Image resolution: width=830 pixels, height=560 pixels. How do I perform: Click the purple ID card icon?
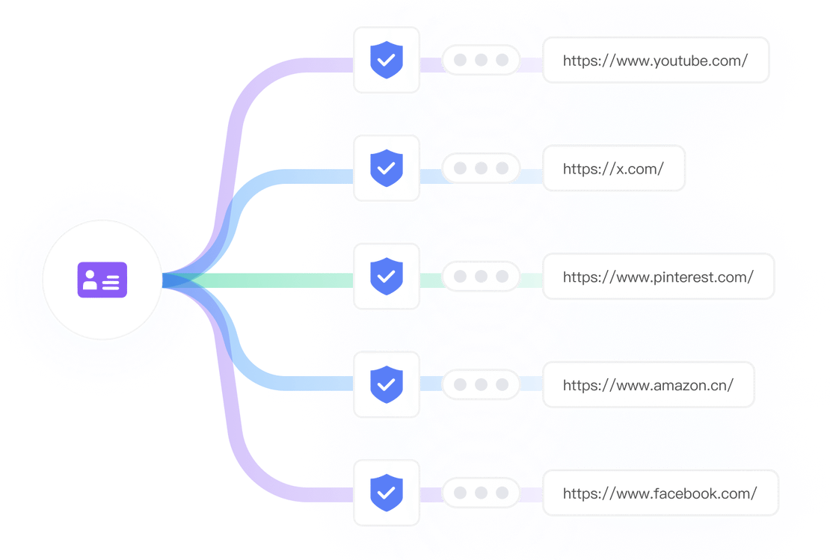point(102,280)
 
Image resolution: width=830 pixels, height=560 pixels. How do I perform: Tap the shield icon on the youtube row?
point(387,60)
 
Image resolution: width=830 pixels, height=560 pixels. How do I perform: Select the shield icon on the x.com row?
point(387,168)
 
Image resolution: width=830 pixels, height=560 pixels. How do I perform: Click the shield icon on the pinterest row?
point(387,276)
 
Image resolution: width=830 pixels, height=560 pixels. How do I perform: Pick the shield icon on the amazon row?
point(387,384)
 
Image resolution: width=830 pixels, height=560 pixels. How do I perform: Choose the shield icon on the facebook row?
point(387,493)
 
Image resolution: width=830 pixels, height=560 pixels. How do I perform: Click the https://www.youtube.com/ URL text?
point(655,61)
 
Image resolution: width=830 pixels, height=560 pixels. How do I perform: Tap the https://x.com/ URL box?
point(613,169)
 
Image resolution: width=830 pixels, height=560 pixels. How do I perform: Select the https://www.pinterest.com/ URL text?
point(658,277)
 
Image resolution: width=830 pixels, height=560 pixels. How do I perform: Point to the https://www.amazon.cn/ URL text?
point(648,386)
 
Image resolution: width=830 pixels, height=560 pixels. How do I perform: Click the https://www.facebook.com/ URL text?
point(660,493)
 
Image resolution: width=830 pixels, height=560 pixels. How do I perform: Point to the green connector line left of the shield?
point(277,280)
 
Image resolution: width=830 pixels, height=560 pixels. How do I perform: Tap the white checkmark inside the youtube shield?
point(387,62)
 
